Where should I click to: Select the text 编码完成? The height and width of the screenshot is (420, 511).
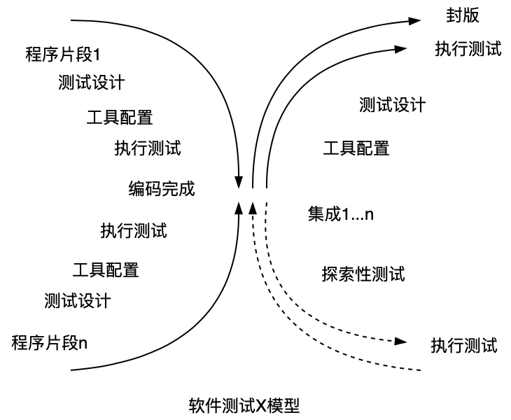(x=162, y=188)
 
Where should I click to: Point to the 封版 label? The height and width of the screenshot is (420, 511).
(x=463, y=15)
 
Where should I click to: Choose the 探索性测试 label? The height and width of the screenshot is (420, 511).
(x=363, y=273)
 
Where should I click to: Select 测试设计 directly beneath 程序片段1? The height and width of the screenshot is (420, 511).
(x=92, y=83)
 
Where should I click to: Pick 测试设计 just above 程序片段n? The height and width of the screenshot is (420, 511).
(x=77, y=301)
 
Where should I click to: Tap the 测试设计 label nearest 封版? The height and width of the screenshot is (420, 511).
(x=392, y=104)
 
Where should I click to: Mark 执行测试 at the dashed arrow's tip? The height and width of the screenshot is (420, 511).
(x=463, y=344)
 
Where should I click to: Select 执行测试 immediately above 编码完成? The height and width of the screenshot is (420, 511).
(x=148, y=148)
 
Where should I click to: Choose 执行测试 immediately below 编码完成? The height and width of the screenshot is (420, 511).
(x=133, y=230)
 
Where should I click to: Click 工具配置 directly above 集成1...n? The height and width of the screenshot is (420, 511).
(x=356, y=148)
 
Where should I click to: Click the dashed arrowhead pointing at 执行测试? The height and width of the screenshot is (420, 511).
(x=400, y=342)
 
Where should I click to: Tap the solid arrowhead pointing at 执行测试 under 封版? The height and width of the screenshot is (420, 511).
(x=400, y=48)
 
